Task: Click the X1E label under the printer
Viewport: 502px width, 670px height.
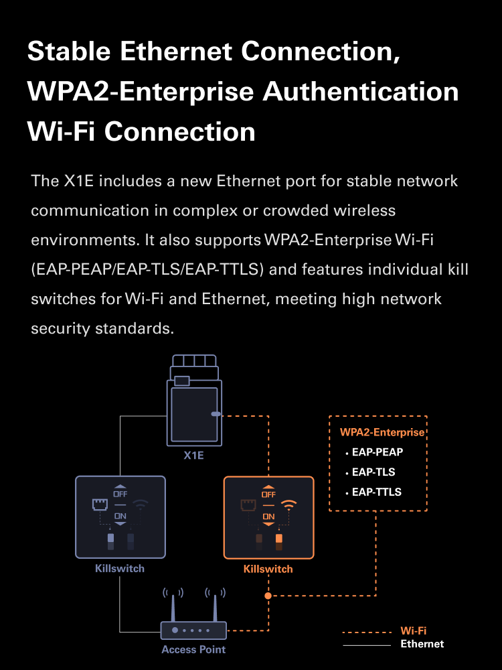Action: coord(193,456)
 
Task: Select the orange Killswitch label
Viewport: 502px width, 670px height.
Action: coord(268,569)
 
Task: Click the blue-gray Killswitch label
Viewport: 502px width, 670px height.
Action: coord(120,568)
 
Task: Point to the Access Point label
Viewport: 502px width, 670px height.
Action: coord(193,649)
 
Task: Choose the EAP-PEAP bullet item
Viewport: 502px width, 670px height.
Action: coord(378,452)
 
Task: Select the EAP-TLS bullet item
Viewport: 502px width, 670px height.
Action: coord(373,472)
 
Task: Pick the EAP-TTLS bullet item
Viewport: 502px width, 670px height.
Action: coord(377,492)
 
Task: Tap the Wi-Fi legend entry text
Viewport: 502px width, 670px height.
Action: coord(414,630)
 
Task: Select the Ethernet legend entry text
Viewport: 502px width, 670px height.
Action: coord(422,644)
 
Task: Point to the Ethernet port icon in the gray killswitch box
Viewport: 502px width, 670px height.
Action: coord(99,505)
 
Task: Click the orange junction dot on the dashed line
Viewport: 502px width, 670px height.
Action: coord(268,596)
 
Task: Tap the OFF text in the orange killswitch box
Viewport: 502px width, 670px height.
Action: coord(268,494)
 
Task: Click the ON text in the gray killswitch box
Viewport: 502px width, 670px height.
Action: coord(120,515)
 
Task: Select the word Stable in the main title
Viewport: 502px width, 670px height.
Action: coord(67,52)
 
